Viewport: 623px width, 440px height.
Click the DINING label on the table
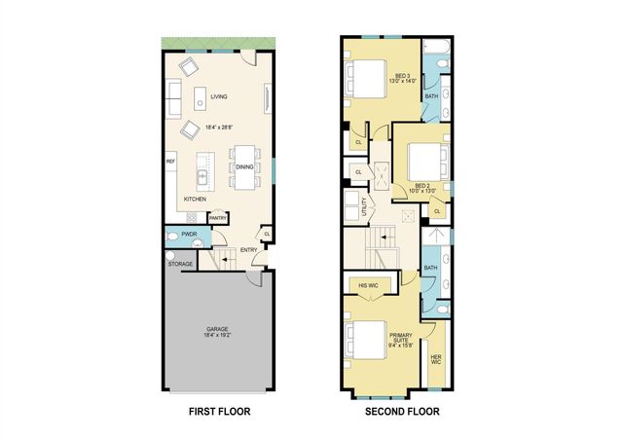(243, 166)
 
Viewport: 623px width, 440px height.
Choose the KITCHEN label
(196, 199)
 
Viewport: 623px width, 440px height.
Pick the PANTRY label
(218, 218)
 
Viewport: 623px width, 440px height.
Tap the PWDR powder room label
(190, 235)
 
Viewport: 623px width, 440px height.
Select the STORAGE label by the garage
(179, 263)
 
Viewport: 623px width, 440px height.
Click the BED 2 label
(422, 186)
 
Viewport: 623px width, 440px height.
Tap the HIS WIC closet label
(368, 285)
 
